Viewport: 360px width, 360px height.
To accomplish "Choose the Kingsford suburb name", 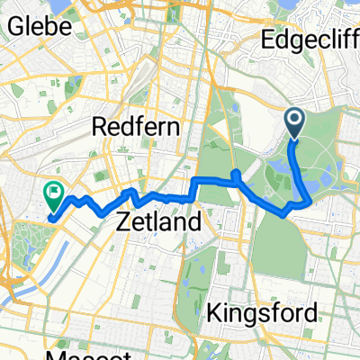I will [262, 313].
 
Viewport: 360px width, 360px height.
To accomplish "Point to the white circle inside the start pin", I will [295, 119].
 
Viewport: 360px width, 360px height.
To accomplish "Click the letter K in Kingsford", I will [214, 313].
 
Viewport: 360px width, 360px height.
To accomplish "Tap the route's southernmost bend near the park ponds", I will [286, 213].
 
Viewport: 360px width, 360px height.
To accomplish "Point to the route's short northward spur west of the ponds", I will [235, 175].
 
